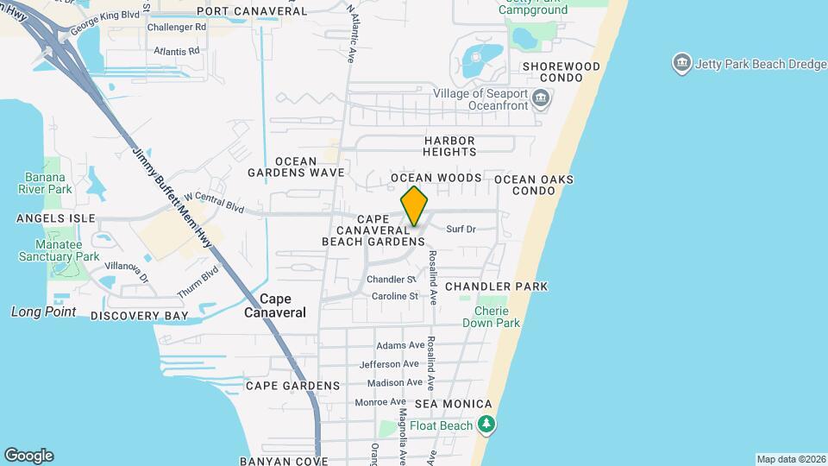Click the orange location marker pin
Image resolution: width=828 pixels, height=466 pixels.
[415, 206]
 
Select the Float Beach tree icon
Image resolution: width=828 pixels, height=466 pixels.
[487, 425]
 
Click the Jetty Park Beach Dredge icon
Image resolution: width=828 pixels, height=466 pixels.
[681, 63]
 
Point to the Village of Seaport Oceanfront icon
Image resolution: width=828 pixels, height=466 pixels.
[541, 99]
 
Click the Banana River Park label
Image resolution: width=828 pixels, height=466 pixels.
[47, 183]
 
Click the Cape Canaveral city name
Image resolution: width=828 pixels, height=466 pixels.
[283, 305]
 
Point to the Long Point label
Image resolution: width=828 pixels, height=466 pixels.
[44, 312]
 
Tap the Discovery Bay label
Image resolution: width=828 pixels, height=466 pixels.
[139, 316]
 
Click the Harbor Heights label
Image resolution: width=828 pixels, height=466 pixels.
[449, 146]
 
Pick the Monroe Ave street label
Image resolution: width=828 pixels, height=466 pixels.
[380, 401]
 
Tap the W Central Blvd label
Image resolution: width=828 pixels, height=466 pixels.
[214, 203]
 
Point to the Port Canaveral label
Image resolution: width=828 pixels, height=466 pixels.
[251, 11]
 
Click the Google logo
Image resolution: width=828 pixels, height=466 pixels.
[28, 456]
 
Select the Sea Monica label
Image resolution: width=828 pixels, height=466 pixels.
[454, 404]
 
